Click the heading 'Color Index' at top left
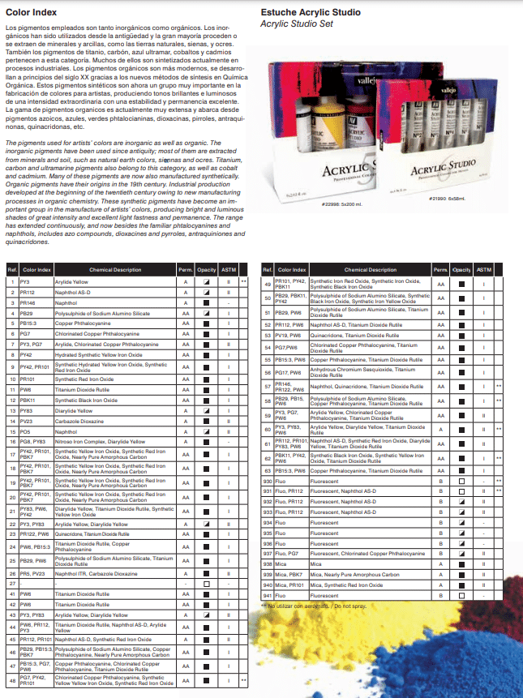point(28,14)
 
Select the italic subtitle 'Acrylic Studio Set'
point(297,25)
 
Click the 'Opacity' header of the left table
point(207,269)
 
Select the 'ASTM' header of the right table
point(484,269)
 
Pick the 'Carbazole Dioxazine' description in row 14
point(81,421)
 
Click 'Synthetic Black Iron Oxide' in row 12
point(86,400)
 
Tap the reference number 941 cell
point(268,595)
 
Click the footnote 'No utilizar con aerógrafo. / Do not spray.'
point(315,606)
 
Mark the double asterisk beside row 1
point(243,280)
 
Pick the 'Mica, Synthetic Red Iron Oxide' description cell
point(348,584)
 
